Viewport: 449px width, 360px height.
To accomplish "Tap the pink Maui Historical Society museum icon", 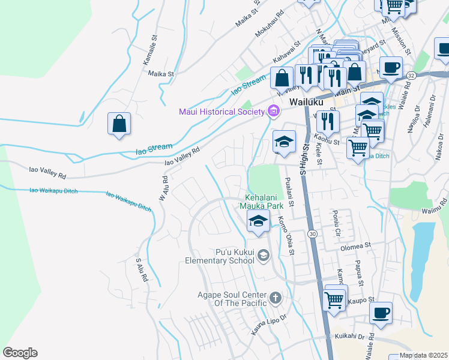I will click(x=274, y=111).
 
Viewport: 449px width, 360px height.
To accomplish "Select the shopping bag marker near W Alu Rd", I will click(x=119, y=124).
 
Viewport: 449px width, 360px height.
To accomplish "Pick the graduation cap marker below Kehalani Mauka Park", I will click(x=258, y=222).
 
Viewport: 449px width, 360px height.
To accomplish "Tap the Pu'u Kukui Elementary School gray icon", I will click(x=263, y=257).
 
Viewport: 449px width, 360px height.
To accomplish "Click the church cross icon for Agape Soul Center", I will click(x=275, y=298).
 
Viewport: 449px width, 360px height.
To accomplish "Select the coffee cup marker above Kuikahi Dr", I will click(x=381, y=313).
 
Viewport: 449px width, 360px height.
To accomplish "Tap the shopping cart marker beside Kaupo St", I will click(x=334, y=299).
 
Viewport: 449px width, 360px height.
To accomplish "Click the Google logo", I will click(x=20, y=352).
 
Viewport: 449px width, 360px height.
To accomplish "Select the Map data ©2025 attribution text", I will click(x=424, y=355).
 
